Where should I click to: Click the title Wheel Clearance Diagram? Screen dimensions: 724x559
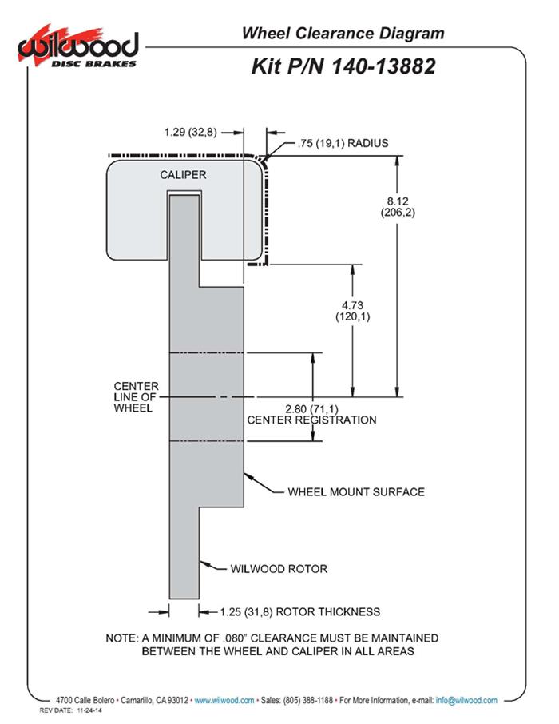click(x=343, y=34)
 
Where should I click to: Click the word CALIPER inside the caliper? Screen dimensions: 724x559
click(x=184, y=175)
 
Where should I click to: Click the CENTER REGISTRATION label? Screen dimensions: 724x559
click(x=311, y=420)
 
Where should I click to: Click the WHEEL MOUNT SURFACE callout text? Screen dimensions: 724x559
click(x=356, y=491)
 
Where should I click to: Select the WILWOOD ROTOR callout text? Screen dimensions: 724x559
click(x=279, y=569)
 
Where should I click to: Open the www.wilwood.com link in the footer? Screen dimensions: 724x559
click(x=224, y=700)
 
